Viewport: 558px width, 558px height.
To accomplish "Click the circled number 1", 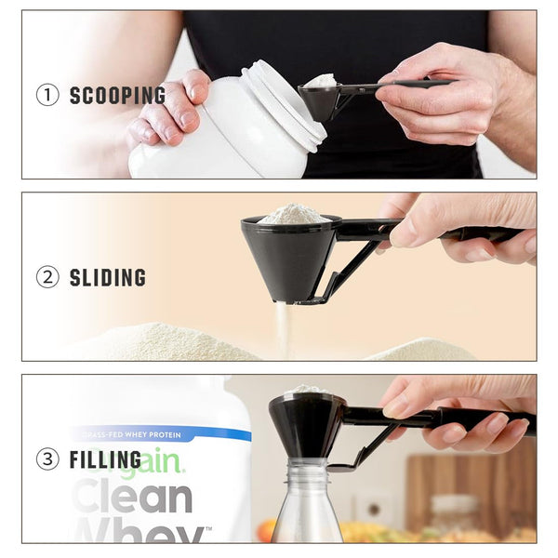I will click(x=46, y=95).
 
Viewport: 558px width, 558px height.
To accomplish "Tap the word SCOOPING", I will click(x=117, y=95).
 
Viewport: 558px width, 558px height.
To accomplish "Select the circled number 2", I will click(x=46, y=277).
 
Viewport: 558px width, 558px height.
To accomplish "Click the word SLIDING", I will click(x=108, y=277).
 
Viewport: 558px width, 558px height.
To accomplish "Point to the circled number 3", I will click(x=46, y=459).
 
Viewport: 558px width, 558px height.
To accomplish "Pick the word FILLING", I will click(x=105, y=459).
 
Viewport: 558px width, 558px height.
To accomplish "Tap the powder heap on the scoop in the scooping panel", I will click(x=319, y=81).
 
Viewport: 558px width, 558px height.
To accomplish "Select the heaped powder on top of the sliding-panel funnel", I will click(x=293, y=214).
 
